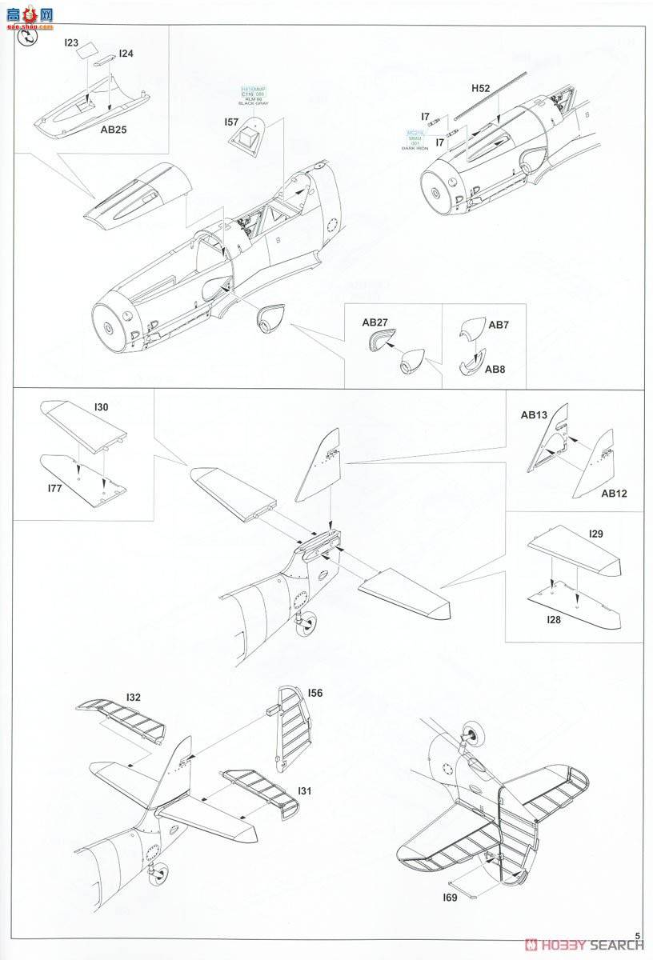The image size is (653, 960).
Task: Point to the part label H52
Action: [481, 89]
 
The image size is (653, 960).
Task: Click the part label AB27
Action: [375, 322]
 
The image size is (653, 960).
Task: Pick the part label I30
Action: [101, 407]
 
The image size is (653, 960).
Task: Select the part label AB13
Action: [534, 415]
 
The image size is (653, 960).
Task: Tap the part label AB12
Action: [614, 493]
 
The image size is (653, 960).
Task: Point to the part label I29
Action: [595, 533]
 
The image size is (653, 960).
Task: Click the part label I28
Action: [555, 620]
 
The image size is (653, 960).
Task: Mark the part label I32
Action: [134, 697]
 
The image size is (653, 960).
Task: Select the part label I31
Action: [304, 791]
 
